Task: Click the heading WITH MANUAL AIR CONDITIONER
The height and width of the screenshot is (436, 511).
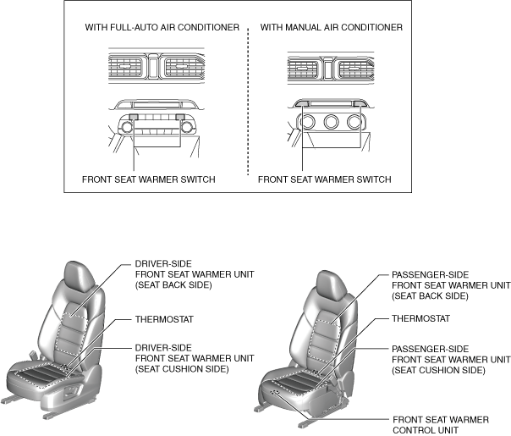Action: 331,27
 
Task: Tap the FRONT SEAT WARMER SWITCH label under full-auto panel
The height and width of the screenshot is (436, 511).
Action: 149,179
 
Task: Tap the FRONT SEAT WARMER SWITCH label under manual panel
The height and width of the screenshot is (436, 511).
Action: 324,179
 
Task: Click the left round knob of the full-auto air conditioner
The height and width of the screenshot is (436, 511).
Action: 126,127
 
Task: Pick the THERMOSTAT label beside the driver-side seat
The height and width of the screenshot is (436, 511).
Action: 162,321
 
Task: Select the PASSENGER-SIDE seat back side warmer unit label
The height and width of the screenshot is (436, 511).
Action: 451,285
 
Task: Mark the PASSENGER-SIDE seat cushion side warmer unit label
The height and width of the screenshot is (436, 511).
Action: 451,359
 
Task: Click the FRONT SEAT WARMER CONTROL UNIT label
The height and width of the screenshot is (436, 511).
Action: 433,424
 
